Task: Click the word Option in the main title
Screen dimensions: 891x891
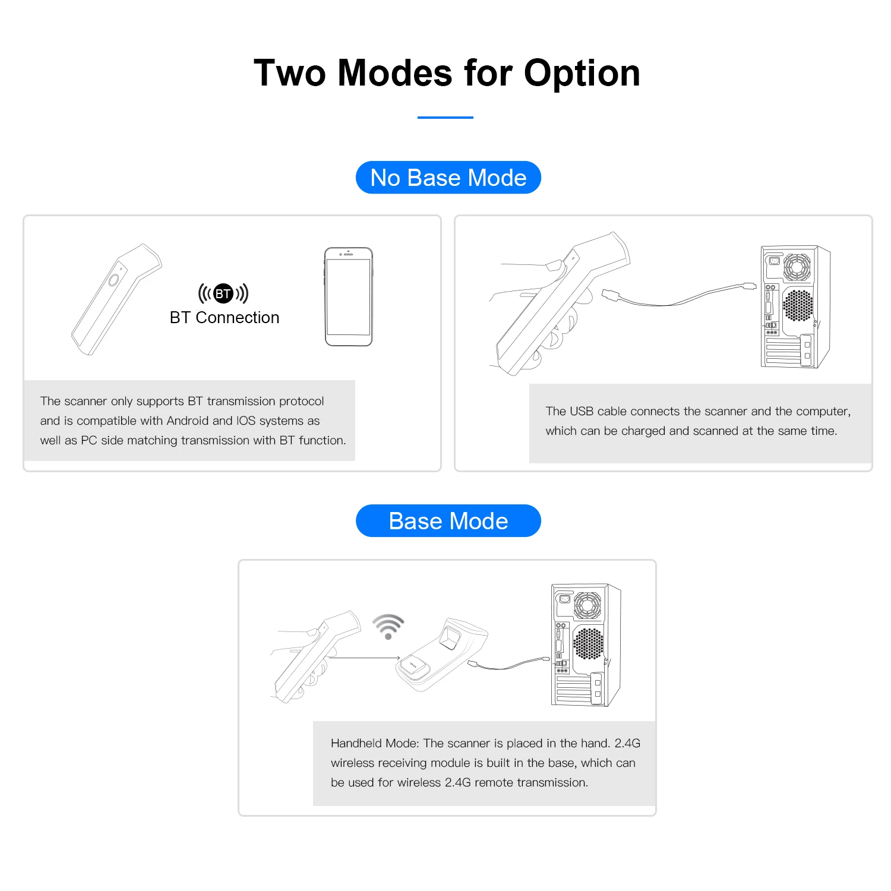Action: coord(582,74)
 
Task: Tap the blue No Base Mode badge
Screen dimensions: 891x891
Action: coord(448,178)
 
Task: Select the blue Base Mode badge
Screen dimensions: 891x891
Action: coord(448,521)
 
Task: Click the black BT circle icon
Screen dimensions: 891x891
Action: coord(223,293)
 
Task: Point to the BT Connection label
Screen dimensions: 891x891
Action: coord(225,318)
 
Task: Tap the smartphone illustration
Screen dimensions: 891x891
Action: coord(349,296)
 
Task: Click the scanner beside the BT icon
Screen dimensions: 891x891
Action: coord(116,299)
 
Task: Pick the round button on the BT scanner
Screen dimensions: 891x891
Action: coord(113,280)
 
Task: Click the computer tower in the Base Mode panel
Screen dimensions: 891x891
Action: coord(586,645)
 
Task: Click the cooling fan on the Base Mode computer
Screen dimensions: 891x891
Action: coord(587,605)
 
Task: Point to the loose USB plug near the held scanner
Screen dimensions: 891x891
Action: coord(611,295)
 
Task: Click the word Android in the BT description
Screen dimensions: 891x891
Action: coord(188,421)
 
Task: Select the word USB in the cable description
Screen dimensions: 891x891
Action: coord(582,411)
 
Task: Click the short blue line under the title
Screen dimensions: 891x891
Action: coord(445,118)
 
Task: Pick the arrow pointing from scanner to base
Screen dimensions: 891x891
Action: coord(364,658)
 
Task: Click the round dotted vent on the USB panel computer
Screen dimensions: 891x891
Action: coord(798,305)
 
